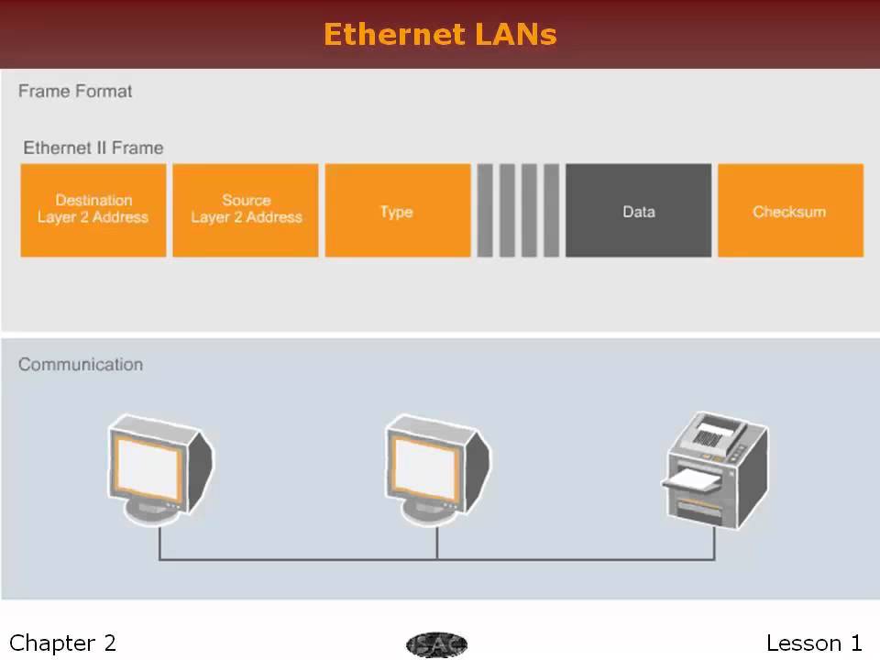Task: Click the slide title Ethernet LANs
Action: [440, 34]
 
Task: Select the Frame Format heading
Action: [75, 92]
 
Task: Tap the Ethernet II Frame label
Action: [93, 148]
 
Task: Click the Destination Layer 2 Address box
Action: [93, 210]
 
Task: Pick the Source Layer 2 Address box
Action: [246, 210]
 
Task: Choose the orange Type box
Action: [397, 211]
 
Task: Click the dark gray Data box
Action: [638, 211]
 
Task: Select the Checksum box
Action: [789, 211]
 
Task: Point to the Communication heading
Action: [81, 364]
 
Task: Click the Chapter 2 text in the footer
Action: [62, 643]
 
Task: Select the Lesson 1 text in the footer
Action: [814, 643]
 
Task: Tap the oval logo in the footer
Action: [436, 644]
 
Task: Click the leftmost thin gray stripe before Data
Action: [485, 211]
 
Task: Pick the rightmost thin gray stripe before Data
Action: [551, 211]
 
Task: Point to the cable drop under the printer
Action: [715, 544]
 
